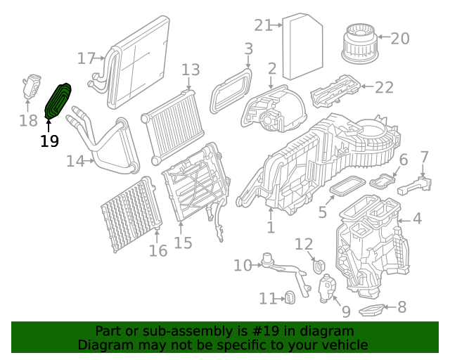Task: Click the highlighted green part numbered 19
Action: pyautogui.click(x=58, y=102)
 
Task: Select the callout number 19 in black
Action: pyautogui.click(x=49, y=141)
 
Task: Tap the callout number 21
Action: pyautogui.click(x=263, y=25)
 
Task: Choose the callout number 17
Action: pyautogui.click(x=86, y=58)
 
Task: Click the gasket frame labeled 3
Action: pyautogui.click(x=233, y=89)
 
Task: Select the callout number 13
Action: pyautogui.click(x=191, y=70)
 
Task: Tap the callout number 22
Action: pyautogui.click(x=384, y=87)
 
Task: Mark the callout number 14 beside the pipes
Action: pyautogui.click(x=75, y=161)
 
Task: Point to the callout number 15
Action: pyautogui.click(x=183, y=243)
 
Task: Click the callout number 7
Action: pyautogui.click(x=424, y=156)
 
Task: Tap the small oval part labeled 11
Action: pyautogui.click(x=289, y=298)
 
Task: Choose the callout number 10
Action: pyautogui.click(x=243, y=265)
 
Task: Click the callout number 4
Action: pyautogui.click(x=417, y=219)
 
